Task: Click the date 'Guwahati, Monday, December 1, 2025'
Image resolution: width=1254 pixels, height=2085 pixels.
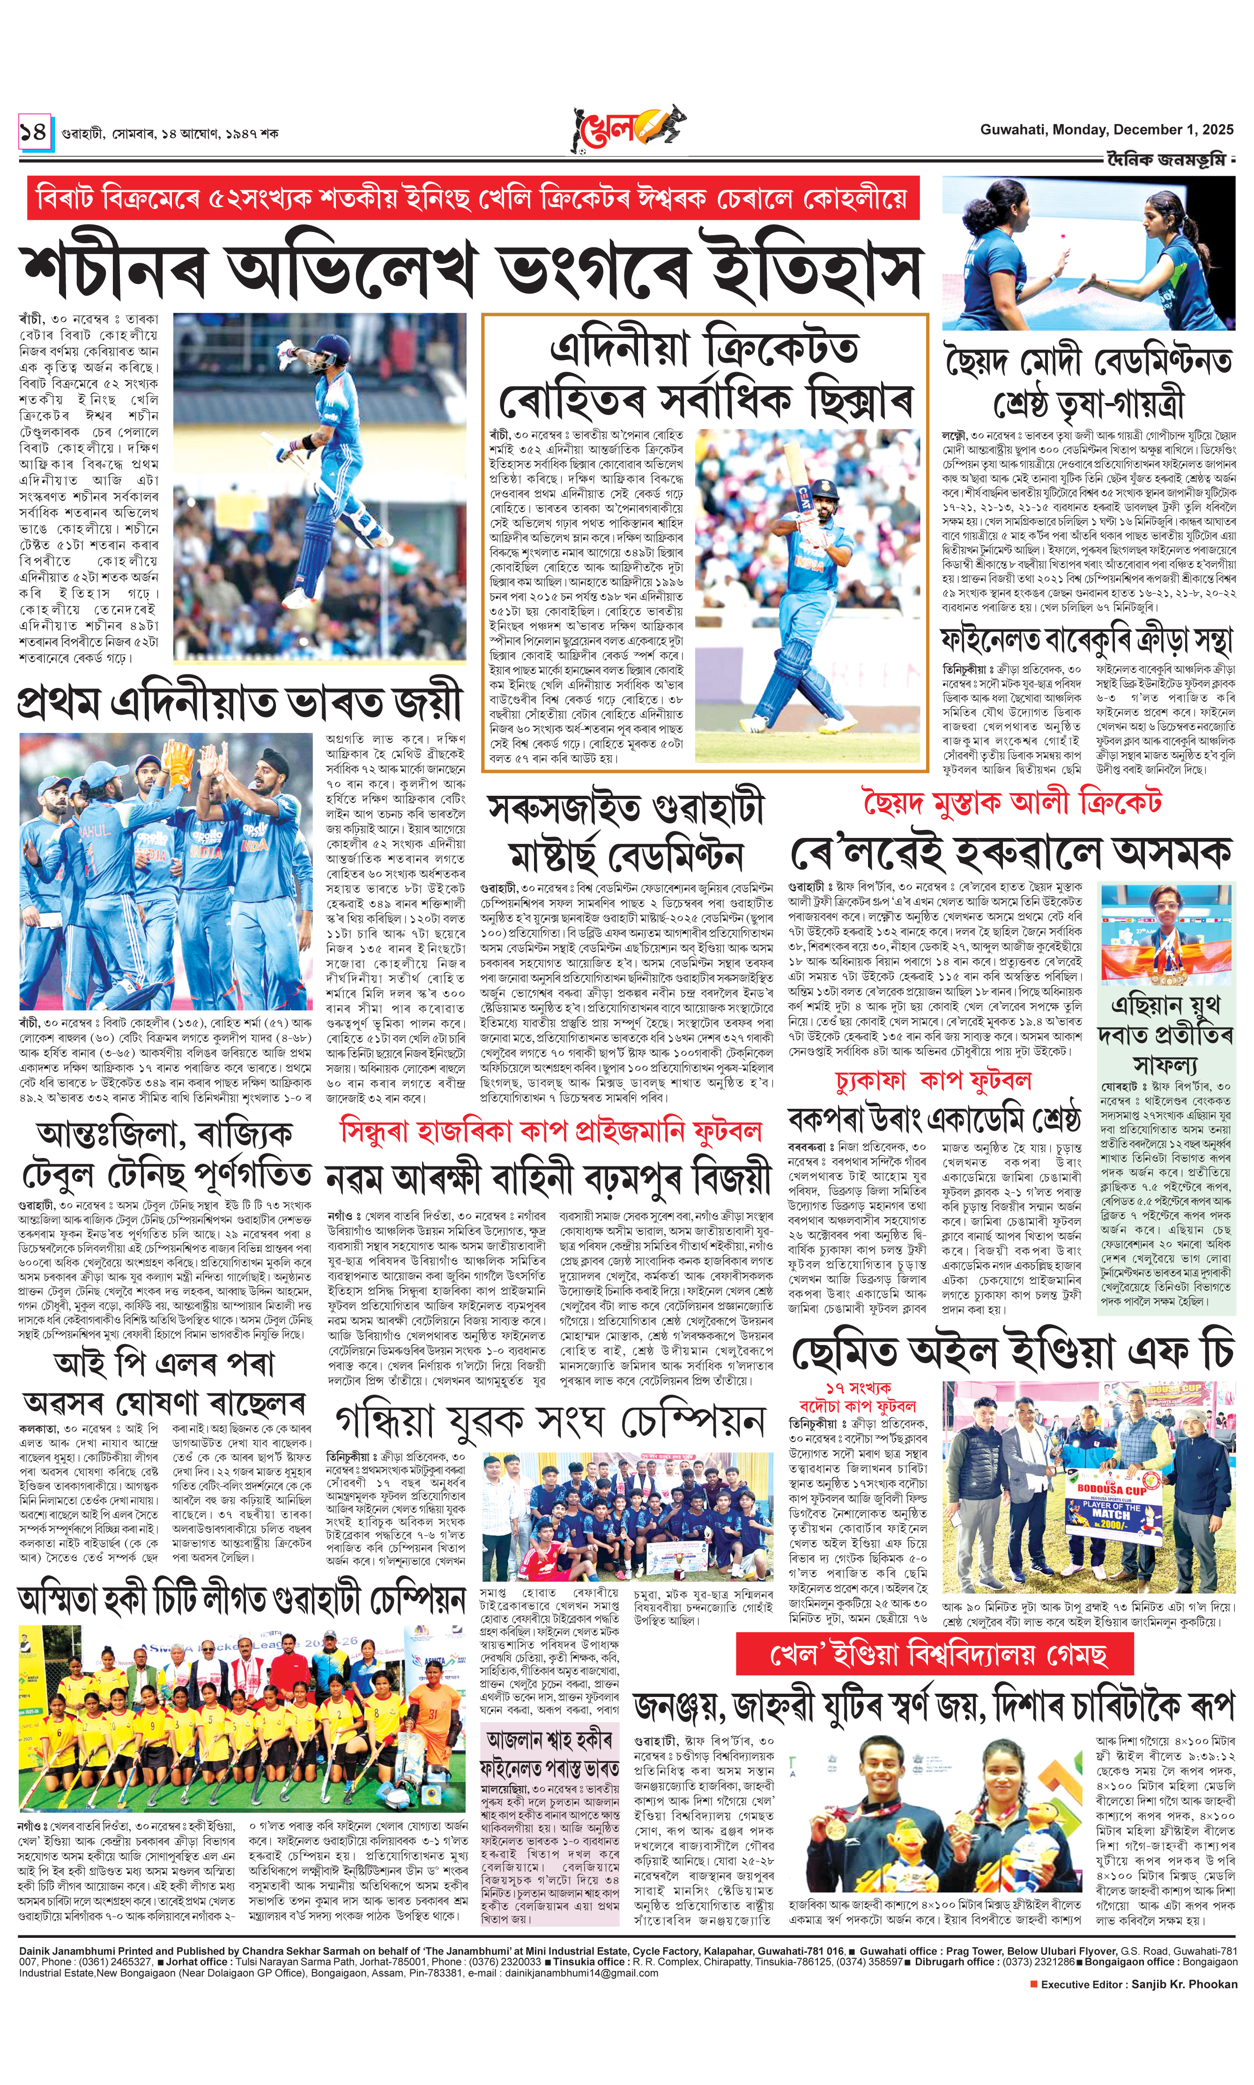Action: tap(1106, 130)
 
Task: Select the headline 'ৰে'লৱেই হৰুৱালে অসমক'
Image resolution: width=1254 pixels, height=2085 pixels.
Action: tap(1010, 853)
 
